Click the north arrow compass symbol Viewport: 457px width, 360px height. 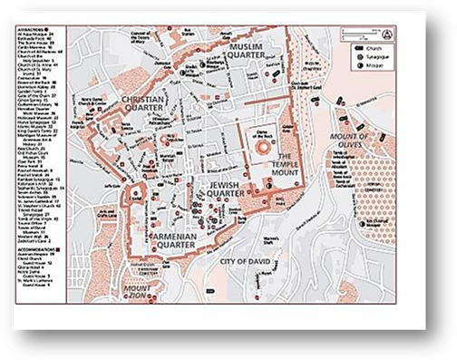[x=387, y=34]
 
